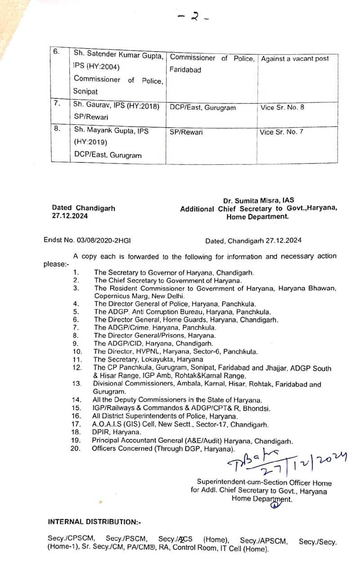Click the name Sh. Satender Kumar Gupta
click(119, 55)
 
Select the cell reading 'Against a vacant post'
click(295, 58)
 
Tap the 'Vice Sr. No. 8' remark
click(282, 107)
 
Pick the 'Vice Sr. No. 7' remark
click(281, 132)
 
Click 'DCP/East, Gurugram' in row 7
click(203, 108)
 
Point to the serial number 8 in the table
click(57, 128)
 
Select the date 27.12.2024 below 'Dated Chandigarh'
click(70, 216)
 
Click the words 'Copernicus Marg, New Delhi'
click(139, 296)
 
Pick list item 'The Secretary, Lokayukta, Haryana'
click(148, 359)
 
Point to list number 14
click(76, 399)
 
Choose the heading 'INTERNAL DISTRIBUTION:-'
click(95, 522)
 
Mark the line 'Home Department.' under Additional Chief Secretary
click(257, 216)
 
